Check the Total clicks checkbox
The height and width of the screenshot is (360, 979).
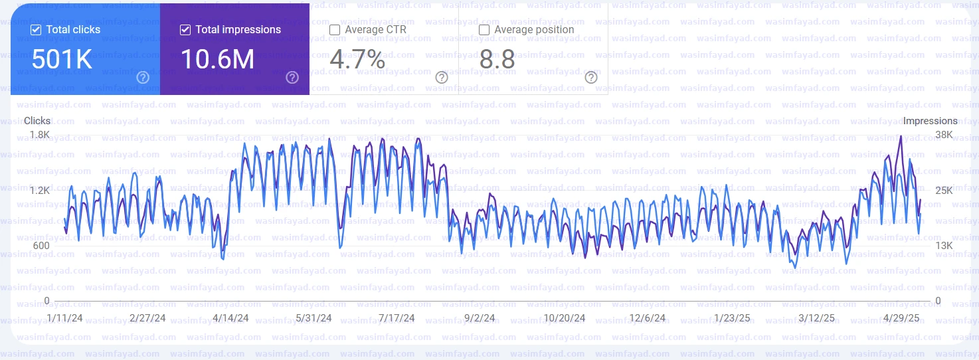click(x=36, y=30)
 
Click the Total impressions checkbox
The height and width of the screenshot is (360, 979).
click(x=185, y=30)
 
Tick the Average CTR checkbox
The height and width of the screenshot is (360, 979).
click(x=335, y=30)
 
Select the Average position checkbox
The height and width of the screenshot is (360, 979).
click(x=484, y=30)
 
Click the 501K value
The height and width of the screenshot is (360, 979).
click(x=62, y=60)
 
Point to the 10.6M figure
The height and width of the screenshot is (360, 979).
click(x=217, y=60)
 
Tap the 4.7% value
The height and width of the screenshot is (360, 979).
click(x=357, y=60)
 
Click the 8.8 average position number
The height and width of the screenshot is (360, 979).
click(x=497, y=60)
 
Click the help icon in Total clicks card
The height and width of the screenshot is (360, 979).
click(x=143, y=78)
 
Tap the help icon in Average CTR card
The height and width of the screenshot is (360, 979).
click(x=442, y=78)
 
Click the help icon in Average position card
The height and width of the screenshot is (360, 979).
click(x=591, y=78)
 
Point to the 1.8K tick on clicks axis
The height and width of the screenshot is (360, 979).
click(x=39, y=135)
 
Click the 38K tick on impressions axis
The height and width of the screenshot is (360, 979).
click(x=944, y=135)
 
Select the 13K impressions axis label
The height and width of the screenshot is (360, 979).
click(x=944, y=246)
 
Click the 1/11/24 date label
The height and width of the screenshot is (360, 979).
click(x=65, y=318)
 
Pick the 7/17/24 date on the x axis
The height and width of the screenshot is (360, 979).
click(x=396, y=318)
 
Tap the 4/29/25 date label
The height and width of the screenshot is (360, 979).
click(x=901, y=318)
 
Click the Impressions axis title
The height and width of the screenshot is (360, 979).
click(x=930, y=121)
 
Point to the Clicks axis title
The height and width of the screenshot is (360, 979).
click(x=37, y=121)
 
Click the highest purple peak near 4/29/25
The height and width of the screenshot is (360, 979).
click(x=901, y=136)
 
